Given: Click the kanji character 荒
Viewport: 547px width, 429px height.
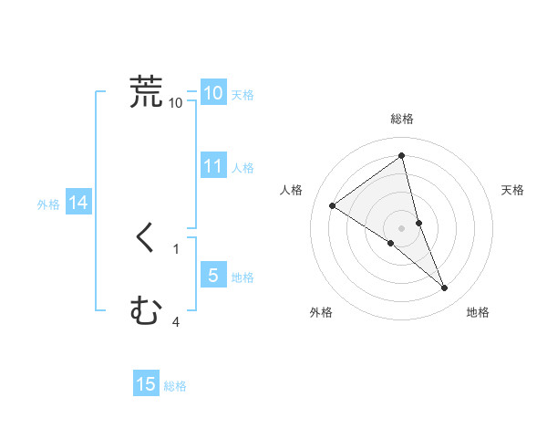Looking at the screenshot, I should [x=146, y=92].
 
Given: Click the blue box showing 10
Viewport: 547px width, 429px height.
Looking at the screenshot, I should [x=213, y=93].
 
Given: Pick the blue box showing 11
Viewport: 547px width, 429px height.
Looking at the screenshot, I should [x=213, y=166].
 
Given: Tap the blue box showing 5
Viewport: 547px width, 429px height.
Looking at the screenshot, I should [x=213, y=276].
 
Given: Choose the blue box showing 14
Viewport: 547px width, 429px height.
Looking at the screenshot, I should [x=78, y=203].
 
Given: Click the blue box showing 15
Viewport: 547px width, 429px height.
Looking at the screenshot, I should [x=146, y=384].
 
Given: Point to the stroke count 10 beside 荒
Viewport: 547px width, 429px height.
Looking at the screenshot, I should [x=176, y=103].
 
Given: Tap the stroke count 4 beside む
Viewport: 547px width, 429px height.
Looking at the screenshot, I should [x=176, y=321].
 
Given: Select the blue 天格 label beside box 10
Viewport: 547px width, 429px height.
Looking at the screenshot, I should [x=243, y=95].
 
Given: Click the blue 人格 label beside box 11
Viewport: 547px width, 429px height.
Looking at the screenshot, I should [x=243, y=168].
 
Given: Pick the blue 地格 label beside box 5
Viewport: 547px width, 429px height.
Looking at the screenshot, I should [x=243, y=277].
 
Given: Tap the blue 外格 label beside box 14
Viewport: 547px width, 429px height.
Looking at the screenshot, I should [x=48, y=204].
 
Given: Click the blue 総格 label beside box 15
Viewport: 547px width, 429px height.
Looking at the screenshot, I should [x=175, y=386].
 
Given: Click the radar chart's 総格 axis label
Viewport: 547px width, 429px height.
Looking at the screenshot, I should [x=402, y=119].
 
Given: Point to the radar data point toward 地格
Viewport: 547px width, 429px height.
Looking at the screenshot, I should [x=445, y=288].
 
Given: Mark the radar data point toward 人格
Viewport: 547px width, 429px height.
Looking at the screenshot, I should [x=332, y=205].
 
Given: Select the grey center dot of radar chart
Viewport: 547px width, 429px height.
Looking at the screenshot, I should [x=401, y=228].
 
